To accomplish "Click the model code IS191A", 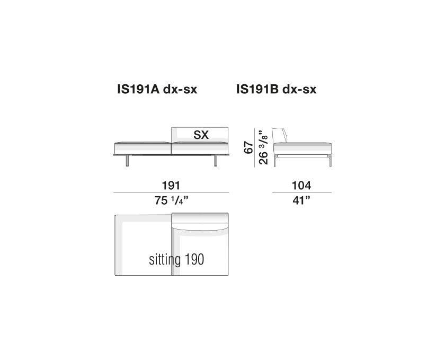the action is point(138,90).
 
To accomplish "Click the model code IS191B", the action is point(257,90).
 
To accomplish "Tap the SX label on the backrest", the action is point(201,135).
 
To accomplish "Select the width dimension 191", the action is point(171,186).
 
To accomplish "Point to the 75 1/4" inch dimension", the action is point(172,200).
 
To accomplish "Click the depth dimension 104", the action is point(301,186).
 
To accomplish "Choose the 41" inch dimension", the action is point(301,200).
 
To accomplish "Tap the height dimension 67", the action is point(248,147).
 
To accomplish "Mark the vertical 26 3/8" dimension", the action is point(263,147).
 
